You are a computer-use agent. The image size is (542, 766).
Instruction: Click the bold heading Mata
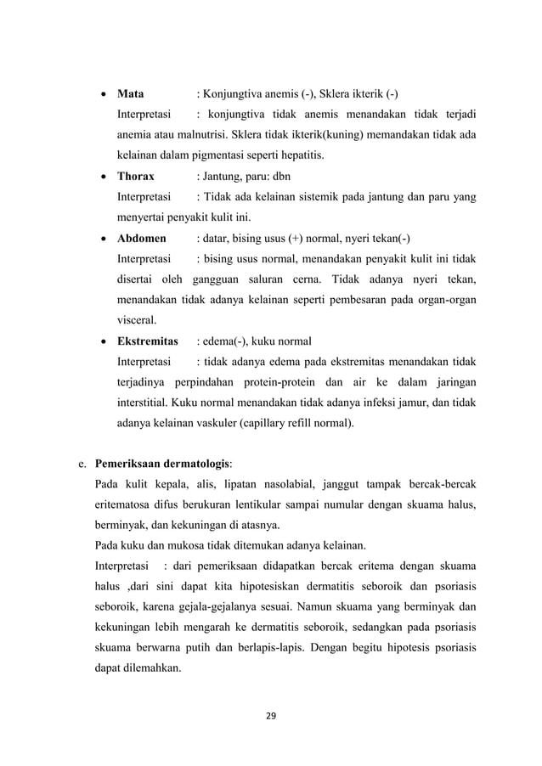[x=130, y=93]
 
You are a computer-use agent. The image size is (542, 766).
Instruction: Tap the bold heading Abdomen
[x=141, y=239]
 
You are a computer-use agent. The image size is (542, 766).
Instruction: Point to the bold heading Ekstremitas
[x=147, y=342]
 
